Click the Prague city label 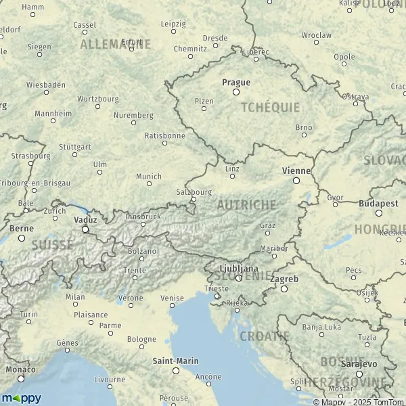[x=236, y=83]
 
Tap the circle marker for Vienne [x=296, y=181]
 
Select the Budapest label [x=379, y=203]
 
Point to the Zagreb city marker [x=284, y=289]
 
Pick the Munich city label [x=149, y=177]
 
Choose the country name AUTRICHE [x=246, y=204]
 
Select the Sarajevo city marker [x=359, y=374]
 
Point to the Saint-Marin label [x=175, y=361]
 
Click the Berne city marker [x=22, y=238]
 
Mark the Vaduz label [x=85, y=220]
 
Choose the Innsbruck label [x=143, y=217]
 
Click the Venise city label [x=172, y=298]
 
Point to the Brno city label [x=304, y=127]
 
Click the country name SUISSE [x=52, y=244]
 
